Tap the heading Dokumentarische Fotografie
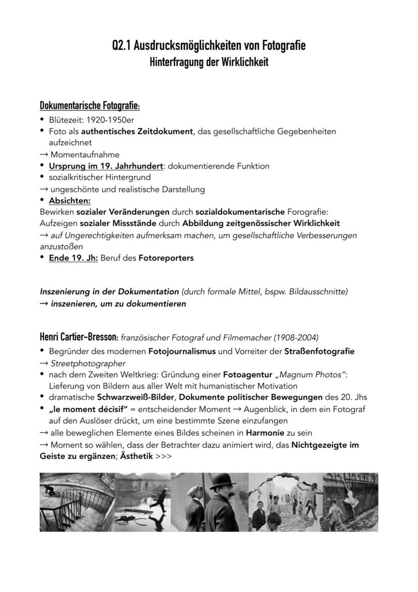coord(89,106)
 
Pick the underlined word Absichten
coord(70,201)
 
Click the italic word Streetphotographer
coord(88,363)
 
